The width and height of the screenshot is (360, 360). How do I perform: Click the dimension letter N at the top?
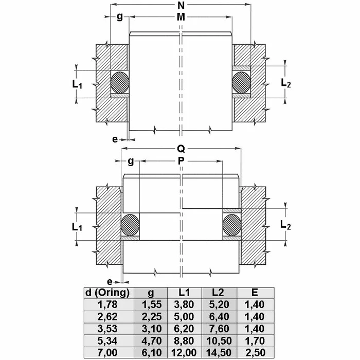pyautogui.click(x=181, y=6)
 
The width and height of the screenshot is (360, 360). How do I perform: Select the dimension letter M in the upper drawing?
pyautogui.click(x=181, y=17)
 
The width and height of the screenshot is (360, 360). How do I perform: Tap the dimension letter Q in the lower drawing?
pyautogui.click(x=181, y=149)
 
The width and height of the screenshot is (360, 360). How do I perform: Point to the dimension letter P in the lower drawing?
pyautogui.click(x=181, y=161)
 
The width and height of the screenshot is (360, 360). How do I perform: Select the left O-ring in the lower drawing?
pyautogui.click(x=131, y=225)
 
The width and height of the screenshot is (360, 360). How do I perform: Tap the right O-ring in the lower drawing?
pyautogui.click(x=232, y=225)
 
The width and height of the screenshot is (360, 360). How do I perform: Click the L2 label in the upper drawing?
pyautogui.click(x=286, y=82)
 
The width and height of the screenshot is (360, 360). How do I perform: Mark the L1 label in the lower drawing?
pyautogui.click(x=77, y=227)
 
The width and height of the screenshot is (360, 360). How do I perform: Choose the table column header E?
pyautogui.click(x=255, y=293)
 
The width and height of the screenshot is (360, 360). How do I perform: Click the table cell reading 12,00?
pyautogui.click(x=184, y=352)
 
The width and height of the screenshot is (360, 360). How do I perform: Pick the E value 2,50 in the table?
pyautogui.click(x=255, y=352)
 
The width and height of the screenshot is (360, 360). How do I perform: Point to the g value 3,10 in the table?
pyautogui.click(x=151, y=328)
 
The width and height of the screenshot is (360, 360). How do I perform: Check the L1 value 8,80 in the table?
pyautogui.click(x=184, y=340)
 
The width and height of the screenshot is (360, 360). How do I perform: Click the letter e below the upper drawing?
pyautogui.click(x=115, y=139)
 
